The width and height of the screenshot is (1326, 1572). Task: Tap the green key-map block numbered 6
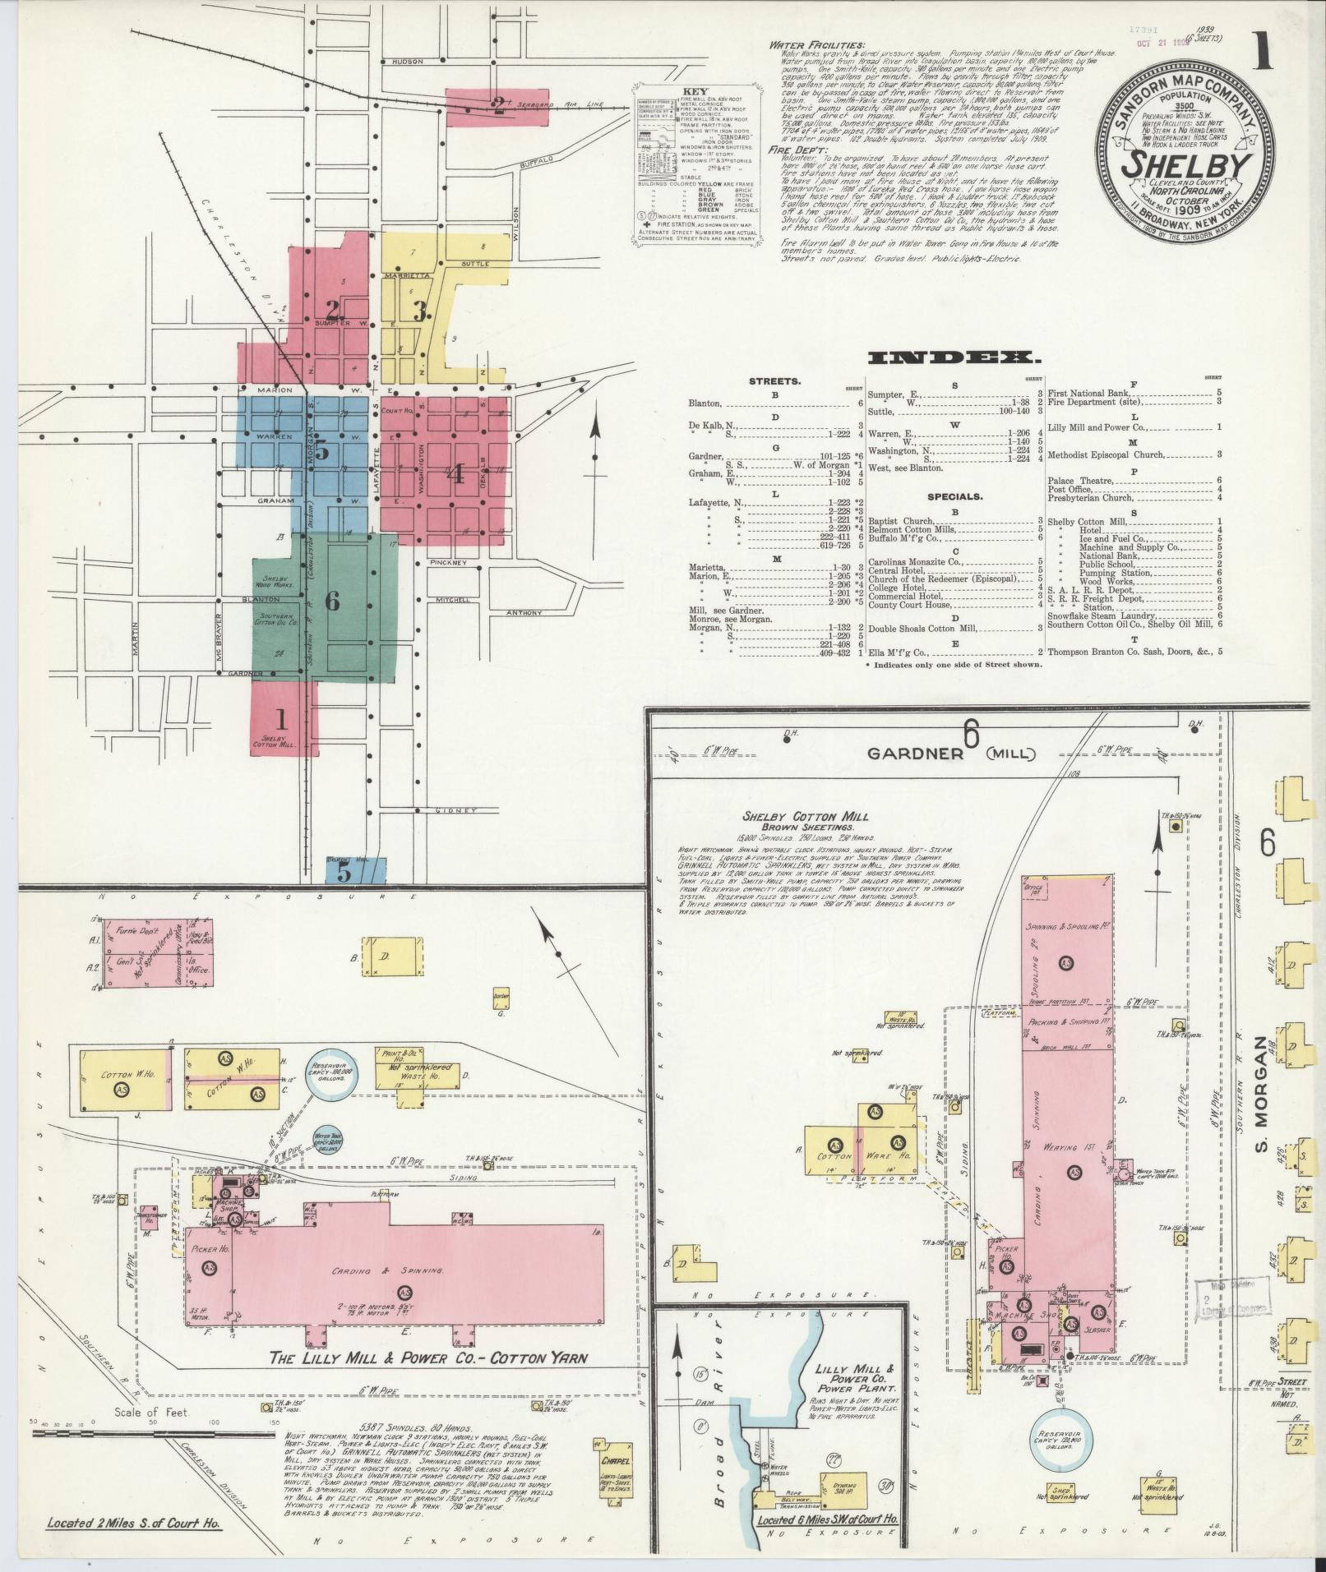coord(332,601)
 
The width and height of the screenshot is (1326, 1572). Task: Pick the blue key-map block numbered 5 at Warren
coord(321,451)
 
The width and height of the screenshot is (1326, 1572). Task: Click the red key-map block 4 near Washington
coord(455,473)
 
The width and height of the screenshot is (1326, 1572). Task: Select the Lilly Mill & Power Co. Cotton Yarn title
coord(429,1358)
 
